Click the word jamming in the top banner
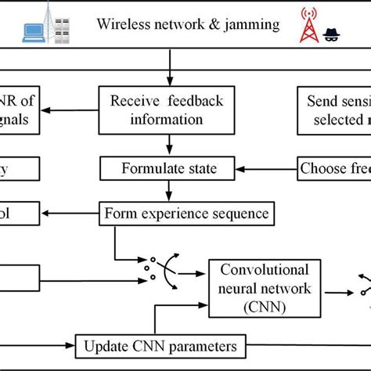[x=249, y=23]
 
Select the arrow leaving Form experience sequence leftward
[x=70, y=212]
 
